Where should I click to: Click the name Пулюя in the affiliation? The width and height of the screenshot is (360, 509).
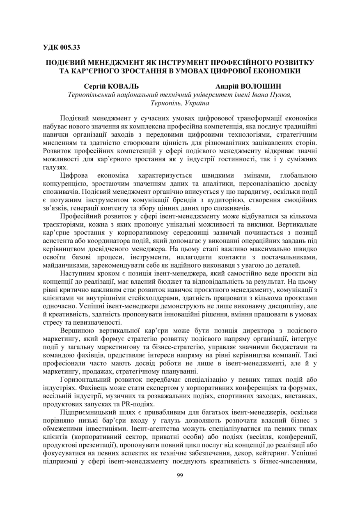[282, 94]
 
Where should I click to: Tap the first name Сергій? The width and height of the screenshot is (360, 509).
[95, 87]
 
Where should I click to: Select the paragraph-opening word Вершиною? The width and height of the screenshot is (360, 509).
[76, 330]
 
